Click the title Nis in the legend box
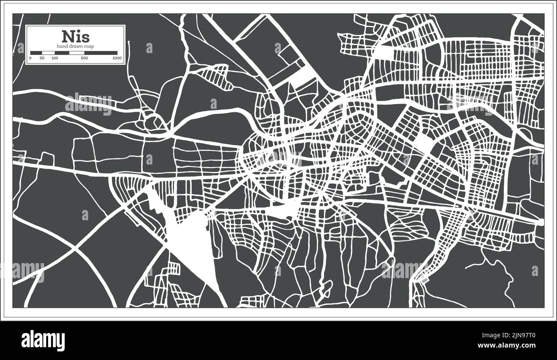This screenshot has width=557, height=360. (75, 36)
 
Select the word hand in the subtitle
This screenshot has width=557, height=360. (62, 46)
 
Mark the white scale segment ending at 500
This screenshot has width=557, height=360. (77, 53)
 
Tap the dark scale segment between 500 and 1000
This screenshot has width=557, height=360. (101, 53)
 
